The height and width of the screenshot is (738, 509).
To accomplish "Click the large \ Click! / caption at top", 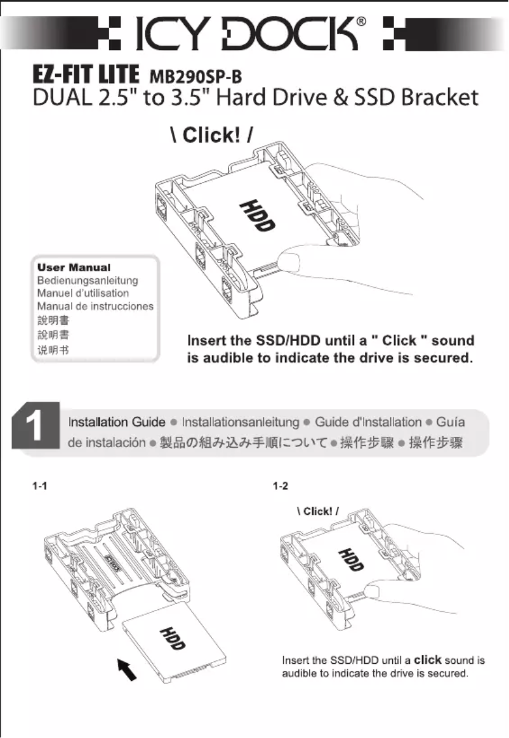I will click(x=213, y=136).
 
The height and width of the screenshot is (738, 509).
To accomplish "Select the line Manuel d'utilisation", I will click(x=83, y=293).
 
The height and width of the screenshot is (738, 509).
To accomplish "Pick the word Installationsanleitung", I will click(x=240, y=422).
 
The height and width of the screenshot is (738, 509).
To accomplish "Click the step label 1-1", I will click(x=40, y=487).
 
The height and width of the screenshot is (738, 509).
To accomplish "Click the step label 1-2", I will click(x=280, y=487).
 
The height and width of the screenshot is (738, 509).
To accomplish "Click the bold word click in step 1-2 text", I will click(x=428, y=660).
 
